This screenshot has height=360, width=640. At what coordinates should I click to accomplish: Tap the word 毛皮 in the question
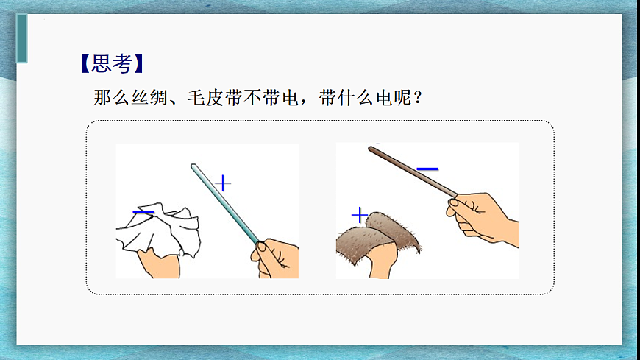205,98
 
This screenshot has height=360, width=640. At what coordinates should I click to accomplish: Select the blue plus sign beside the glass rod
222,182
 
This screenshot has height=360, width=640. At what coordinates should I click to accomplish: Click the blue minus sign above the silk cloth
143,212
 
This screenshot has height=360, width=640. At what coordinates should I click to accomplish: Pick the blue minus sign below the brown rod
427,169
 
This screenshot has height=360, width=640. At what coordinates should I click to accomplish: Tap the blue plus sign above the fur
359,215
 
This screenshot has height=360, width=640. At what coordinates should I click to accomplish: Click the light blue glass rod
224,203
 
